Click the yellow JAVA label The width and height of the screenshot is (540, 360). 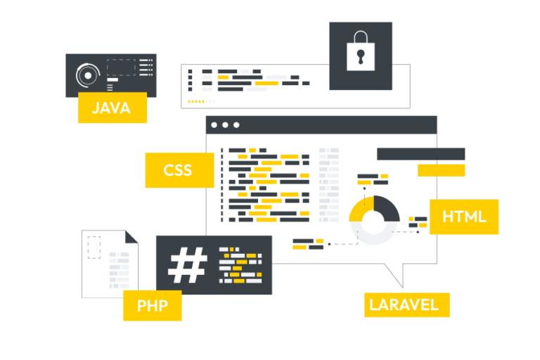pos(112,108)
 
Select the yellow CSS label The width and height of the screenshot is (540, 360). pos(179,170)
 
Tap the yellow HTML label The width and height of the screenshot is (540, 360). pos(464,217)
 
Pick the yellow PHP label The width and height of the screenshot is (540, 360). pos(152,306)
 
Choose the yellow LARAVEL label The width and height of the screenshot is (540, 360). pos(406,305)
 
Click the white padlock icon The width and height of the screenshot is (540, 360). pos(361,51)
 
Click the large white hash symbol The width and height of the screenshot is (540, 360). pos(187,265)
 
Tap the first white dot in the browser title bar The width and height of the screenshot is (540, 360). pos(214,125)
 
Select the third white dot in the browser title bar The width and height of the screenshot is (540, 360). pos(236,125)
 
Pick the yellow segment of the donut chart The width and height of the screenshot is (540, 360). pos(359,209)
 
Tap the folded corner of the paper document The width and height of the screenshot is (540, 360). pos(131,237)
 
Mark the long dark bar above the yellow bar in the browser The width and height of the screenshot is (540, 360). pos(421,154)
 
